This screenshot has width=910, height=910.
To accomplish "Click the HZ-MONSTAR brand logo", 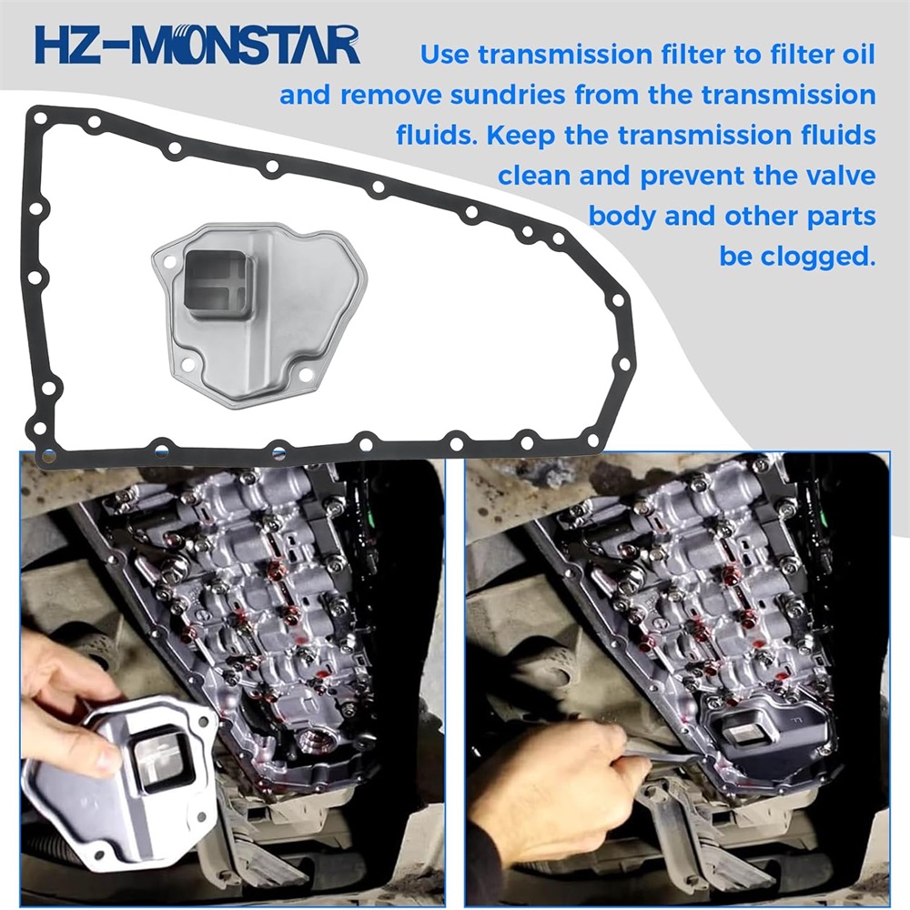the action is (197, 44).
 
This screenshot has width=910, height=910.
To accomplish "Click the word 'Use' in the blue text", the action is (445, 55).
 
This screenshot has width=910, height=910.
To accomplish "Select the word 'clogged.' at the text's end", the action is (797, 256).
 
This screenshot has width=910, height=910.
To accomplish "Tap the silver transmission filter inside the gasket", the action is (259, 313).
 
